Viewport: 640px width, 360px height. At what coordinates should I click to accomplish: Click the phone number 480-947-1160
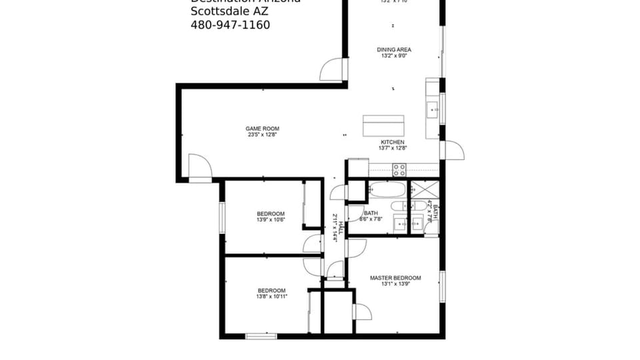coord(230,25)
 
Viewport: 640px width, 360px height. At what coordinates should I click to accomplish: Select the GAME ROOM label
coord(262,129)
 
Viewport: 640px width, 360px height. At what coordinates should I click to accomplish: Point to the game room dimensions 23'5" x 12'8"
coord(262,135)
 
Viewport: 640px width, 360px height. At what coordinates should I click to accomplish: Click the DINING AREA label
coord(393,49)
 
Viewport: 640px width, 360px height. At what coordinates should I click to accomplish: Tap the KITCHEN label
coord(392,142)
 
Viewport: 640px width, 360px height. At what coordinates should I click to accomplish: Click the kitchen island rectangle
coord(383,125)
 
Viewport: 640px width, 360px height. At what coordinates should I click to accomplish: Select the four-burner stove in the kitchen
coord(399,170)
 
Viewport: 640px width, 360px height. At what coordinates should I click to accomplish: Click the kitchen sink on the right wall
coord(432,108)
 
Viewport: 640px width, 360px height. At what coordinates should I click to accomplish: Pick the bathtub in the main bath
coord(387,189)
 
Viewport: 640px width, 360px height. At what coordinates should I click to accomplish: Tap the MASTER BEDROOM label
coord(395,278)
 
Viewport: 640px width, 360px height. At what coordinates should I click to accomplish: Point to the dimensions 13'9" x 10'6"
coord(271,220)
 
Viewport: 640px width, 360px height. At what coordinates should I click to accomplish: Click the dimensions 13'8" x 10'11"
coord(271,297)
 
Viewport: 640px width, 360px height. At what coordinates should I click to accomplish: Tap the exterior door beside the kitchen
coord(453,150)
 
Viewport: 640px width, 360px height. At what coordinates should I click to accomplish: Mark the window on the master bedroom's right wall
coord(442,287)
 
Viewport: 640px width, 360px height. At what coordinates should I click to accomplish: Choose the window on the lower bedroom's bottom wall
coord(261,336)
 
